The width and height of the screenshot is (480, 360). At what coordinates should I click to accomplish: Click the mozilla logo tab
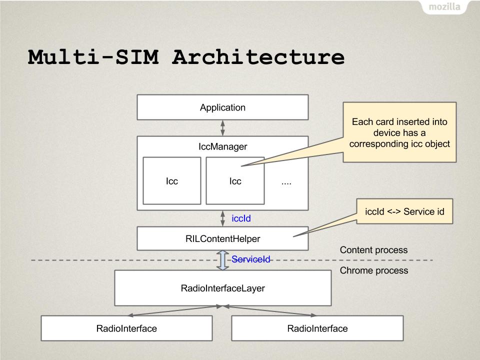click(x=444, y=6)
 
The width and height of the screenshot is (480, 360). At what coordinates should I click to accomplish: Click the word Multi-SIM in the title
click(x=93, y=57)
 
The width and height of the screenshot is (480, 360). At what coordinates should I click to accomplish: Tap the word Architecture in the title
click(x=258, y=57)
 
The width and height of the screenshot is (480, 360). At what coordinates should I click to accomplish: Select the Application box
click(x=222, y=107)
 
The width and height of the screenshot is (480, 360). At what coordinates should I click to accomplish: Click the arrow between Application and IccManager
click(x=222, y=128)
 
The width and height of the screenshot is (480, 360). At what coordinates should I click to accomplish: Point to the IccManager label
click(x=222, y=146)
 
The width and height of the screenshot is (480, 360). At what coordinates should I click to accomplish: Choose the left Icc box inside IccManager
click(x=171, y=180)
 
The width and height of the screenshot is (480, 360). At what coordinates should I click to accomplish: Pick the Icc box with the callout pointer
click(x=235, y=180)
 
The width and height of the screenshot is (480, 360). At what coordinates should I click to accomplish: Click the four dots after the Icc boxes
click(x=286, y=183)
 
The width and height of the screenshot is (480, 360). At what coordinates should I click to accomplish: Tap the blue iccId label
click(x=241, y=218)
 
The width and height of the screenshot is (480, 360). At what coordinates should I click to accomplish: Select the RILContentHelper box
click(x=222, y=238)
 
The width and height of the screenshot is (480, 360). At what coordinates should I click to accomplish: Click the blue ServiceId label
click(x=250, y=259)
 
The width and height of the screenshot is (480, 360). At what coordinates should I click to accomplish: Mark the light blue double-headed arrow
click(x=222, y=260)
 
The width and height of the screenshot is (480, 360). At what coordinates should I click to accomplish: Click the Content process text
click(x=374, y=250)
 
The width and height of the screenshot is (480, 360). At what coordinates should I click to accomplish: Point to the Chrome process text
click(x=374, y=270)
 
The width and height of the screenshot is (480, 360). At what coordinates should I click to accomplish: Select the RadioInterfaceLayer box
click(x=223, y=288)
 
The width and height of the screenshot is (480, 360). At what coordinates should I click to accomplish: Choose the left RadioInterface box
click(x=126, y=328)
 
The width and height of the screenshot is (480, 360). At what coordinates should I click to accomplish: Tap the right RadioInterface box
click(x=317, y=328)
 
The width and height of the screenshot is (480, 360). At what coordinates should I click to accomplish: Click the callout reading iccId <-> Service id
click(x=404, y=211)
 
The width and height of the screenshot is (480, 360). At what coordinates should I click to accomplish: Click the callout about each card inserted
click(x=399, y=132)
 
